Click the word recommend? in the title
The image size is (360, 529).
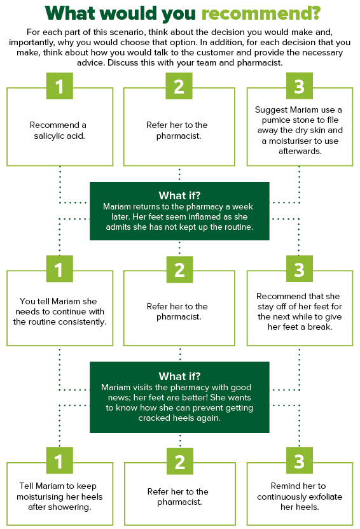click(261, 14)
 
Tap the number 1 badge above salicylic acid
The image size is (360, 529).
click(60, 86)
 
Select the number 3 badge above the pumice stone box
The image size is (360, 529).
click(300, 86)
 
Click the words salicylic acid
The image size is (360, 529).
click(59, 136)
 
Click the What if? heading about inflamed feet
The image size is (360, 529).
click(179, 195)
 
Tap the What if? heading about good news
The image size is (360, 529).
click(179, 376)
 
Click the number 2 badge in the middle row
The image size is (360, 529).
click(179, 269)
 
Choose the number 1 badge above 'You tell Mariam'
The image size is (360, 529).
click(60, 269)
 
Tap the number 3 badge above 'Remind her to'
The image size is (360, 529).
click(300, 460)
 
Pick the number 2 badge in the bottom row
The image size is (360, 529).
click(180, 462)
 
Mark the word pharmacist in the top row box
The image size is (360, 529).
click(179, 136)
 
